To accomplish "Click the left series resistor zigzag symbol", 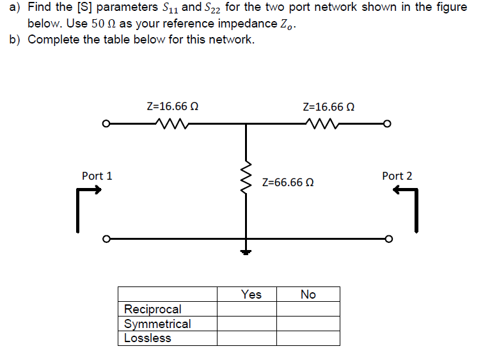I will point(169,123).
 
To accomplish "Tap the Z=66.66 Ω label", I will point(288,182).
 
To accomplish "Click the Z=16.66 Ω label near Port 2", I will point(328,106).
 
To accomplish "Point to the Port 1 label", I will point(97,175).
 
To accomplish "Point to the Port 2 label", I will point(397,175).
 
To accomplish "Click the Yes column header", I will point(251,294).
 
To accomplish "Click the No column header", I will point(308,294).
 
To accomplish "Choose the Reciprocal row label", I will point(153,309).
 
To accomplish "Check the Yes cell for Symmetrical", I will point(247,324).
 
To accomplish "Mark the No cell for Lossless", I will point(308,338).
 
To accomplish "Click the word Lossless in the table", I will point(148,338).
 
